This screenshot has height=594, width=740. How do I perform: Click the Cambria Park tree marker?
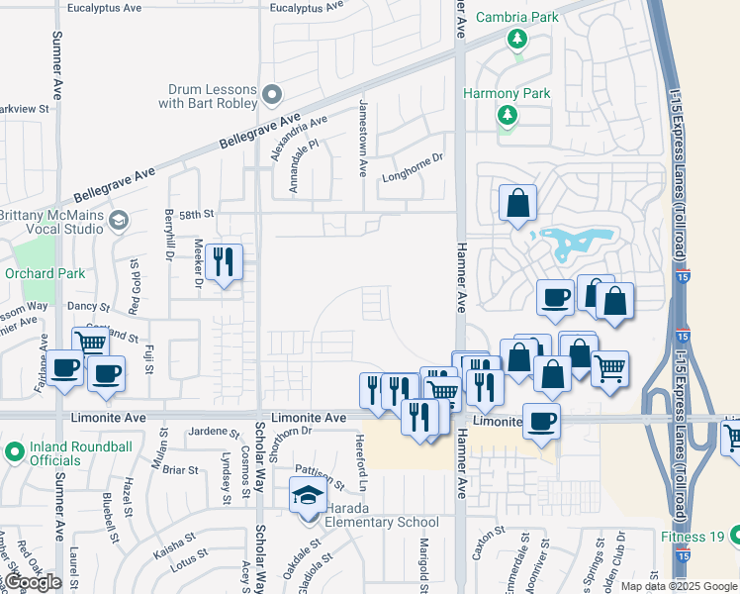point(515,40)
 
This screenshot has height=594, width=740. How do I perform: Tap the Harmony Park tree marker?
point(507,116)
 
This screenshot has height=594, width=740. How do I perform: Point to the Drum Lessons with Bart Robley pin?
point(273,95)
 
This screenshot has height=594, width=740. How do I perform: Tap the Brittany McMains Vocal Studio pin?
point(120,219)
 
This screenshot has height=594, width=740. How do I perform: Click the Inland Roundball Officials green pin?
point(14,452)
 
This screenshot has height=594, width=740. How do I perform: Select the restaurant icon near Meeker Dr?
point(226,262)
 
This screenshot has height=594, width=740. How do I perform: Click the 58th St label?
point(196,214)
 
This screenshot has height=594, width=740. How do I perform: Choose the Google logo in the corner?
point(33,582)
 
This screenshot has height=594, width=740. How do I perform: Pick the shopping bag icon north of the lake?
point(517,204)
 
